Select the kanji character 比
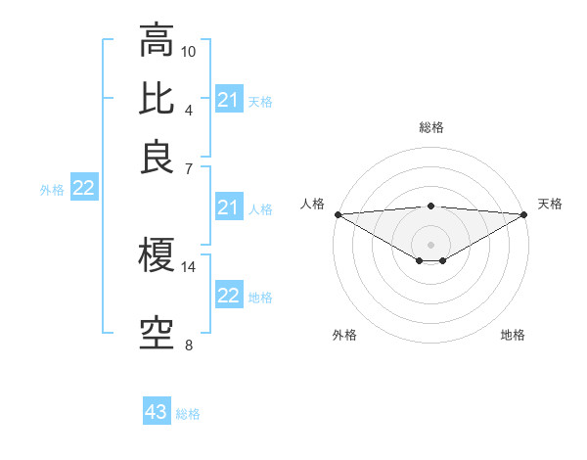(x=158, y=99)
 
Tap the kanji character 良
(x=158, y=158)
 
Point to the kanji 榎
(x=158, y=255)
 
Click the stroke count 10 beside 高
(x=189, y=51)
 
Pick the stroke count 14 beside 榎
(x=189, y=266)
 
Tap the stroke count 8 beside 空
(x=189, y=345)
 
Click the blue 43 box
(x=157, y=412)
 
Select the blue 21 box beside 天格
(x=229, y=100)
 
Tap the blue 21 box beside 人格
(x=229, y=207)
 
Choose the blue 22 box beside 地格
(x=229, y=296)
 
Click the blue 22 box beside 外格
(x=84, y=189)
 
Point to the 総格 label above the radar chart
(x=431, y=127)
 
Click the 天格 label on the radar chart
(x=551, y=204)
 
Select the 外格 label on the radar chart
(x=344, y=336)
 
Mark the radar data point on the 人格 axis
(x=338, y=214)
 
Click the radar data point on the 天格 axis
(x=524, y=214)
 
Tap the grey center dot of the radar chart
(x=431, y=244)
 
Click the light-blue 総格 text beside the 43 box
(x=188, y=414)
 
